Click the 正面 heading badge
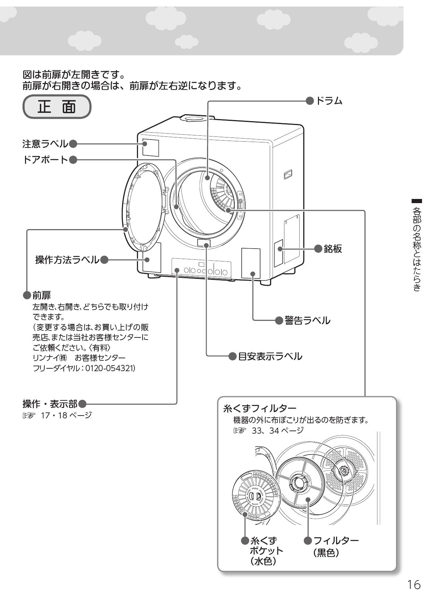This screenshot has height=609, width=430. click(x=57, y=107)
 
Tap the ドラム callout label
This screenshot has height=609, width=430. click(x=329, y=101)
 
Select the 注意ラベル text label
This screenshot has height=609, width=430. click(x=45, y=143)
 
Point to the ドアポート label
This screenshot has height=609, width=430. click(x=45, y=160)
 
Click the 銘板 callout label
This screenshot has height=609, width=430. click(x=333, y=249)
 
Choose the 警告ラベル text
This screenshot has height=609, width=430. click(x=307, y=320)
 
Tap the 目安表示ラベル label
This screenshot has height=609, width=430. click(x=270, y=356)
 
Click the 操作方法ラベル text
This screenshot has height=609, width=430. click(x=67, y=260)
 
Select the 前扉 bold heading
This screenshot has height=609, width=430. click(x=41, y=295)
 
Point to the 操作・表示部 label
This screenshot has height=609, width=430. click(x=50, y=404)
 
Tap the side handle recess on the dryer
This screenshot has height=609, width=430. click(x=288, y=174)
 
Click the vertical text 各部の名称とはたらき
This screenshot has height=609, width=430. click(x=417, y=248)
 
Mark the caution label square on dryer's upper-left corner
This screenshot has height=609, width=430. click(x=150, y=148)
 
